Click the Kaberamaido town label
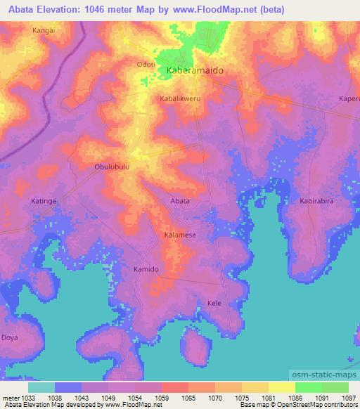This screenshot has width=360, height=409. coord(193,72)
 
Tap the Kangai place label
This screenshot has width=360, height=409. coord(43,31)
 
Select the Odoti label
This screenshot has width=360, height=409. coord(145,64)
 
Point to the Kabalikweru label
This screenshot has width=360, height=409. coord(180,99)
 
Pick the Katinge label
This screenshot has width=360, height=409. coord(44,201)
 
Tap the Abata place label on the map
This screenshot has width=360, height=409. coord(180,201)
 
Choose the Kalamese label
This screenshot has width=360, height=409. coord(180,235)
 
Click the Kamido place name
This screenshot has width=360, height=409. coord(146,269)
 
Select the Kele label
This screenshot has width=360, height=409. coord(214,303)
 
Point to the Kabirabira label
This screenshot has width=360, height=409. coord(318,201)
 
